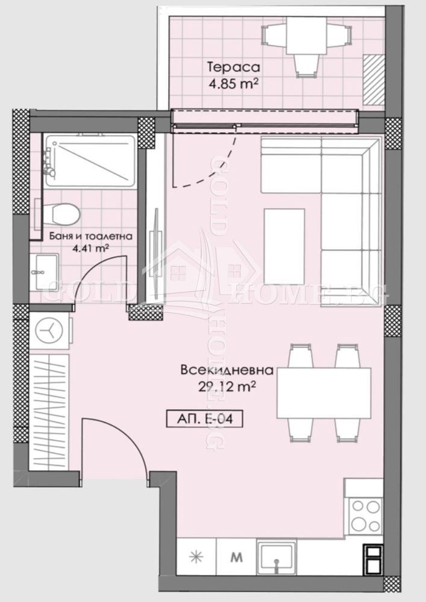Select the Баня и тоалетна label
coord(90,237)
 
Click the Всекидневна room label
coord(227,370)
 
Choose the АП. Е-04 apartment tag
coord(204,417)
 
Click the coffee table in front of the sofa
coord(284,246)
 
